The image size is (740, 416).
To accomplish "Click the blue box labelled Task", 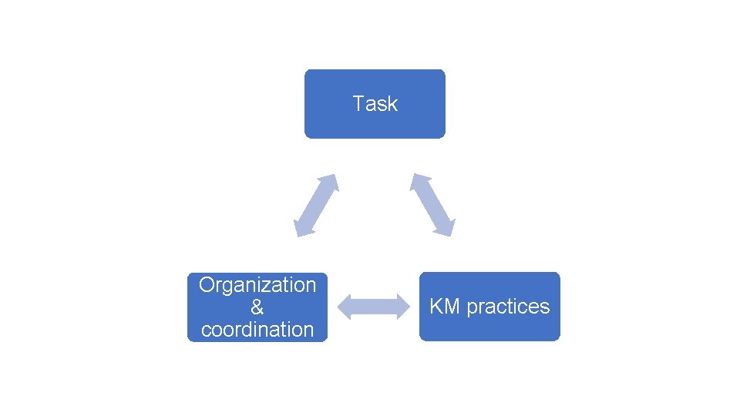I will (x=375, y=123).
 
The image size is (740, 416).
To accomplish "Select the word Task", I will (x=375, y=103).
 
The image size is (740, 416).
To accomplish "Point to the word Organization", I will (x=257, y=285).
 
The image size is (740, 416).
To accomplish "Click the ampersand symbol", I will (x=257, y=307).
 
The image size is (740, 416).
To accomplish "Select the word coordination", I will (x=257, y=330).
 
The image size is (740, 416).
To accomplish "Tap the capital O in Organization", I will (x=207, y=285).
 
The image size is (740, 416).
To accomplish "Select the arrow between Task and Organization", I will (x=316, y=205).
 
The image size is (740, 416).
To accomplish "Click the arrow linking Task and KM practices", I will (x=432, y=204).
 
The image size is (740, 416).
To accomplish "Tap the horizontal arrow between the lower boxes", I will (x=374, y=307).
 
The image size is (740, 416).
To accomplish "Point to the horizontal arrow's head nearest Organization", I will (x=345, y=307).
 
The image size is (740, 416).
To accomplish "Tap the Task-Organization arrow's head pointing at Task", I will (x=331, y=181).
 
